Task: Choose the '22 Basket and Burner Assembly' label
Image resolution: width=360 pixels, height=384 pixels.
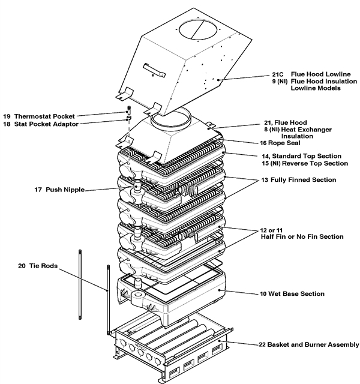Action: tap(306, 344)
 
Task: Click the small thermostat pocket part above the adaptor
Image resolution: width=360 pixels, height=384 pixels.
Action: tap(128, 112)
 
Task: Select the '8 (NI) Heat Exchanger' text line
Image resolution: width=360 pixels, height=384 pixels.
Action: tap(292, 129)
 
